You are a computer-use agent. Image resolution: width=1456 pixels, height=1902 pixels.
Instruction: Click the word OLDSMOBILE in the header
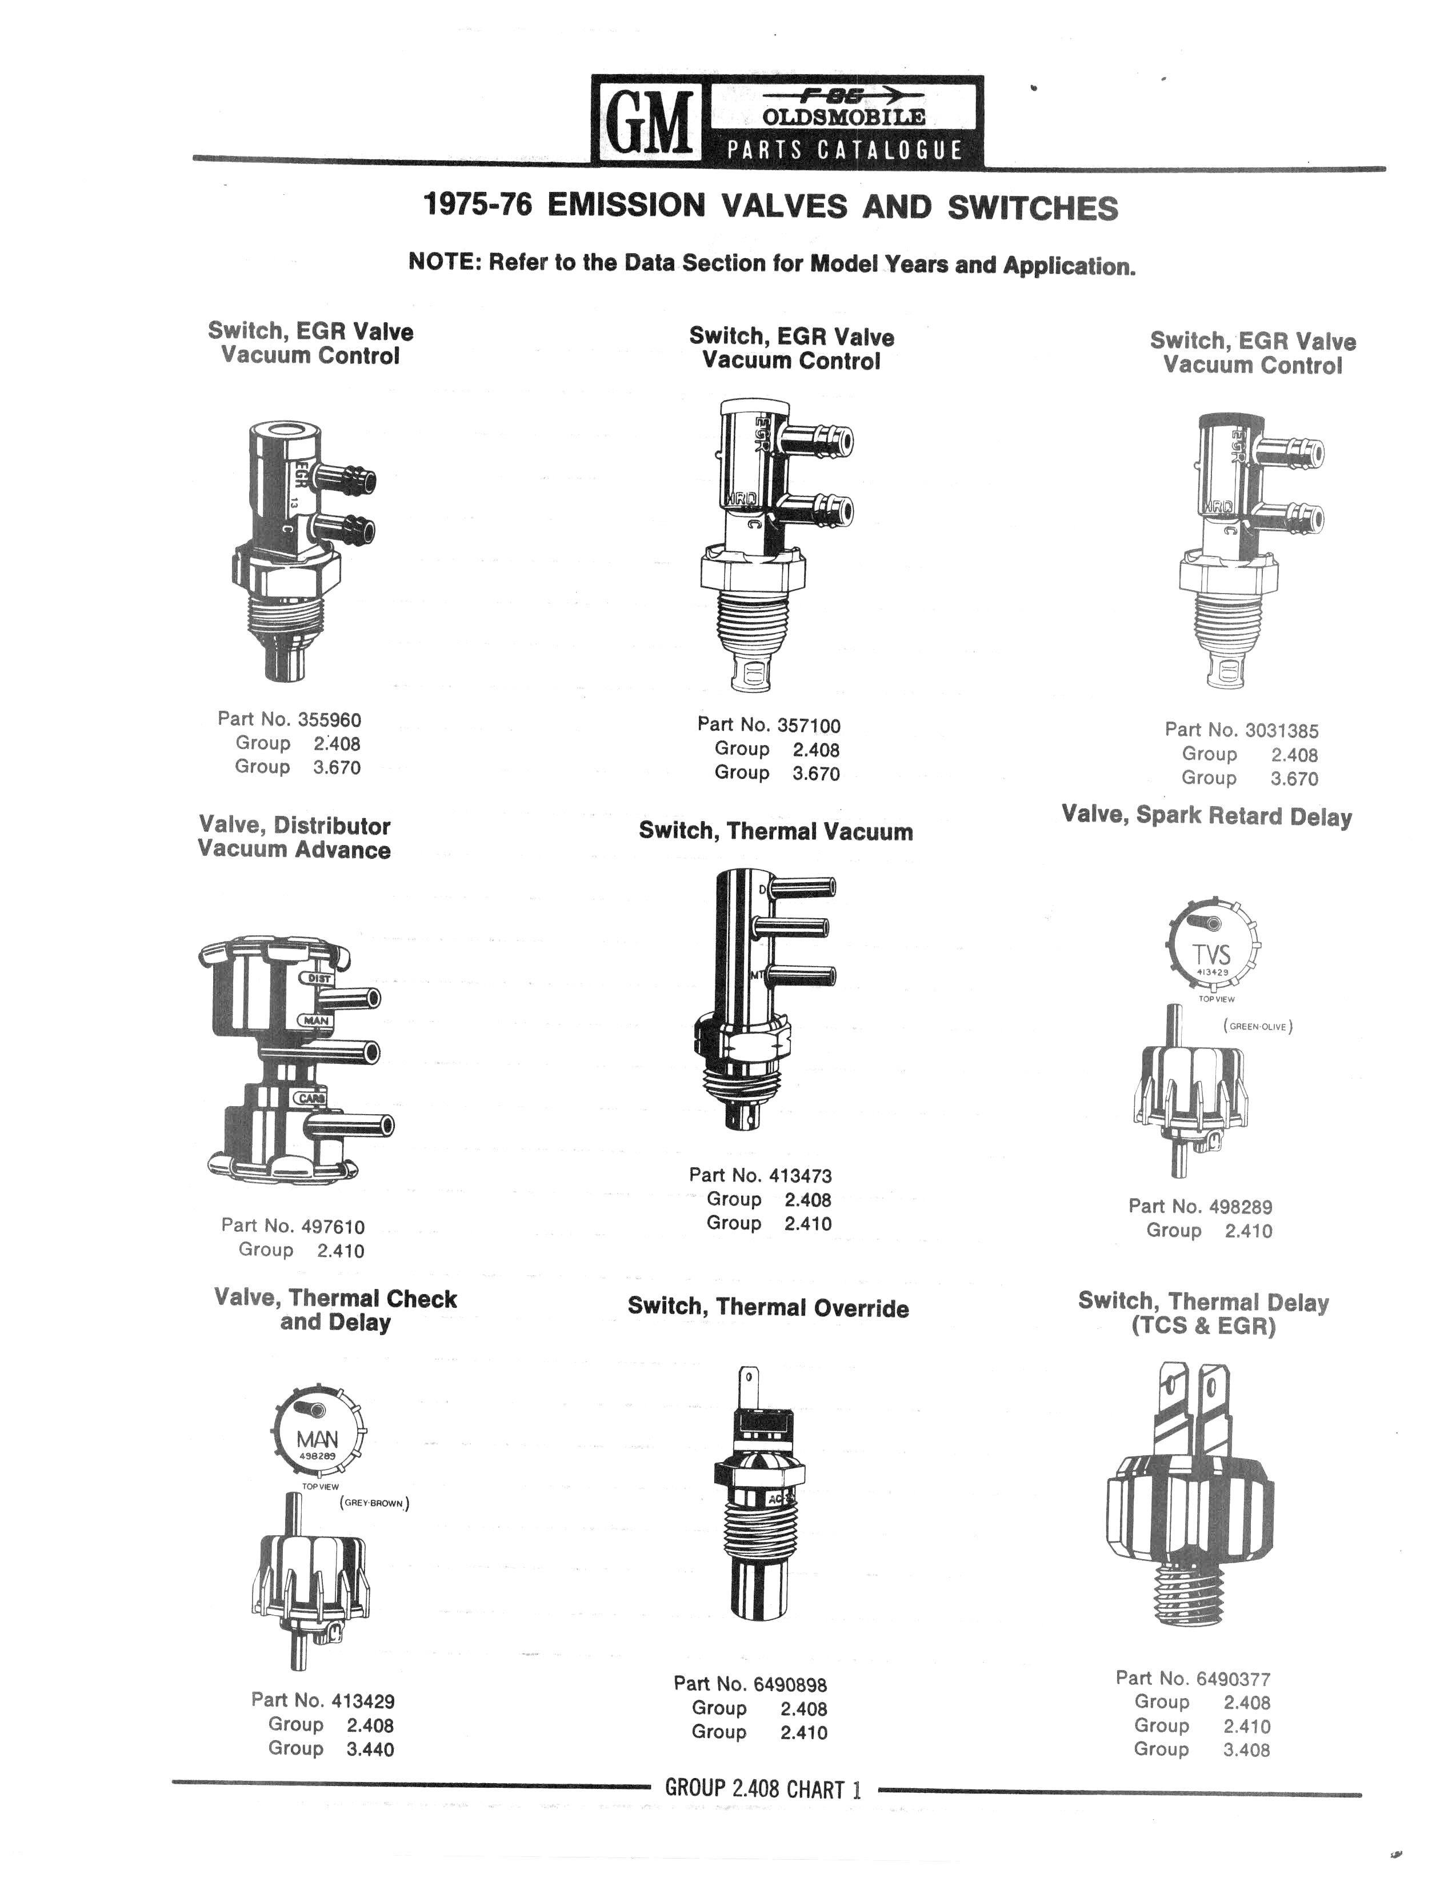pyautogui.click(x=843, y=117)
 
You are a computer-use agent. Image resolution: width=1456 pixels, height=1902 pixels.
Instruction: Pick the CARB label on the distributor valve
pyautogui.click(x=311, y=1099)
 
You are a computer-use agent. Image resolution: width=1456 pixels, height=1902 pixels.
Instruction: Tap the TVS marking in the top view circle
pyautogui.click(x=1211, y=954)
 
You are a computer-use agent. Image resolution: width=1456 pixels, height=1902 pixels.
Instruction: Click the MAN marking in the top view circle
pyautogui.click(x=317, y=1439)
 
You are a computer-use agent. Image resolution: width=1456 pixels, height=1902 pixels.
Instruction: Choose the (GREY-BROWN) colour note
pyautogui.click(x=374, y=1503)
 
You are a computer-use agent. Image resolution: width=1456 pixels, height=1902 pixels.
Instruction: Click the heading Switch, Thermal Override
pyautogui.click(x=768, y=1308)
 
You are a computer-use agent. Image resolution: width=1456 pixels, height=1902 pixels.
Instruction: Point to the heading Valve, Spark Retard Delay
pyautogui.click(x=1206, y=816)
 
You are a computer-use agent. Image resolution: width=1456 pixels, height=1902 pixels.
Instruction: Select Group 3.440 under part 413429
pyautogui.click(x=330, y=1749)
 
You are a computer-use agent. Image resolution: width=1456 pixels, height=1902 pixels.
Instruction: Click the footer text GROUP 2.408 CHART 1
pyautogui.click(x=763, y=1788)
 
